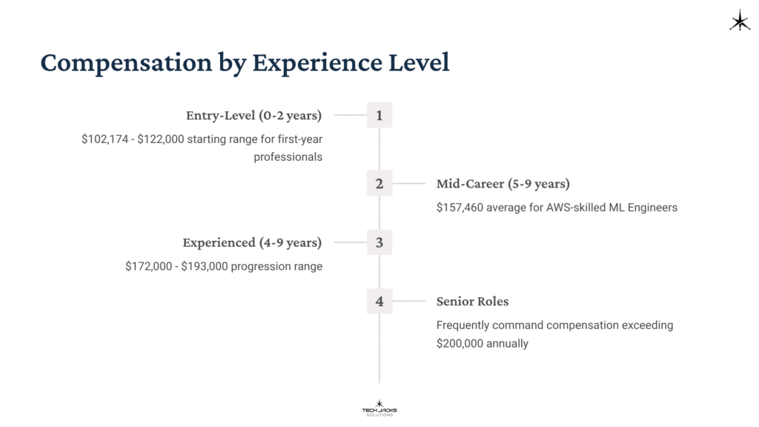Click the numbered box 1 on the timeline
point(379,115)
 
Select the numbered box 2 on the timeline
point(379,183)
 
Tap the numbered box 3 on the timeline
point(379,242)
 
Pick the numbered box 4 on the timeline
point(379,301)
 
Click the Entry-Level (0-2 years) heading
point(253,116)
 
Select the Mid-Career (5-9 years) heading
point(503,184)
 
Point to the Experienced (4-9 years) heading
point(252,242)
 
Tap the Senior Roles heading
point(472,302)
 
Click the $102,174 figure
point(105,139)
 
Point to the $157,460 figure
point(460,208)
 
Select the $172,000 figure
point(148,266)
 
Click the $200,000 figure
point(460,343)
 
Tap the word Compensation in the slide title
point(126,63)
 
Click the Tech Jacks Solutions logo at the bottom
point(379,408)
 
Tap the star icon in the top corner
point(740,21)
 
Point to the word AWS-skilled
point(577,208)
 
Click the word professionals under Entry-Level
point(288,157)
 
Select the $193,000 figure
point(205,266)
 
